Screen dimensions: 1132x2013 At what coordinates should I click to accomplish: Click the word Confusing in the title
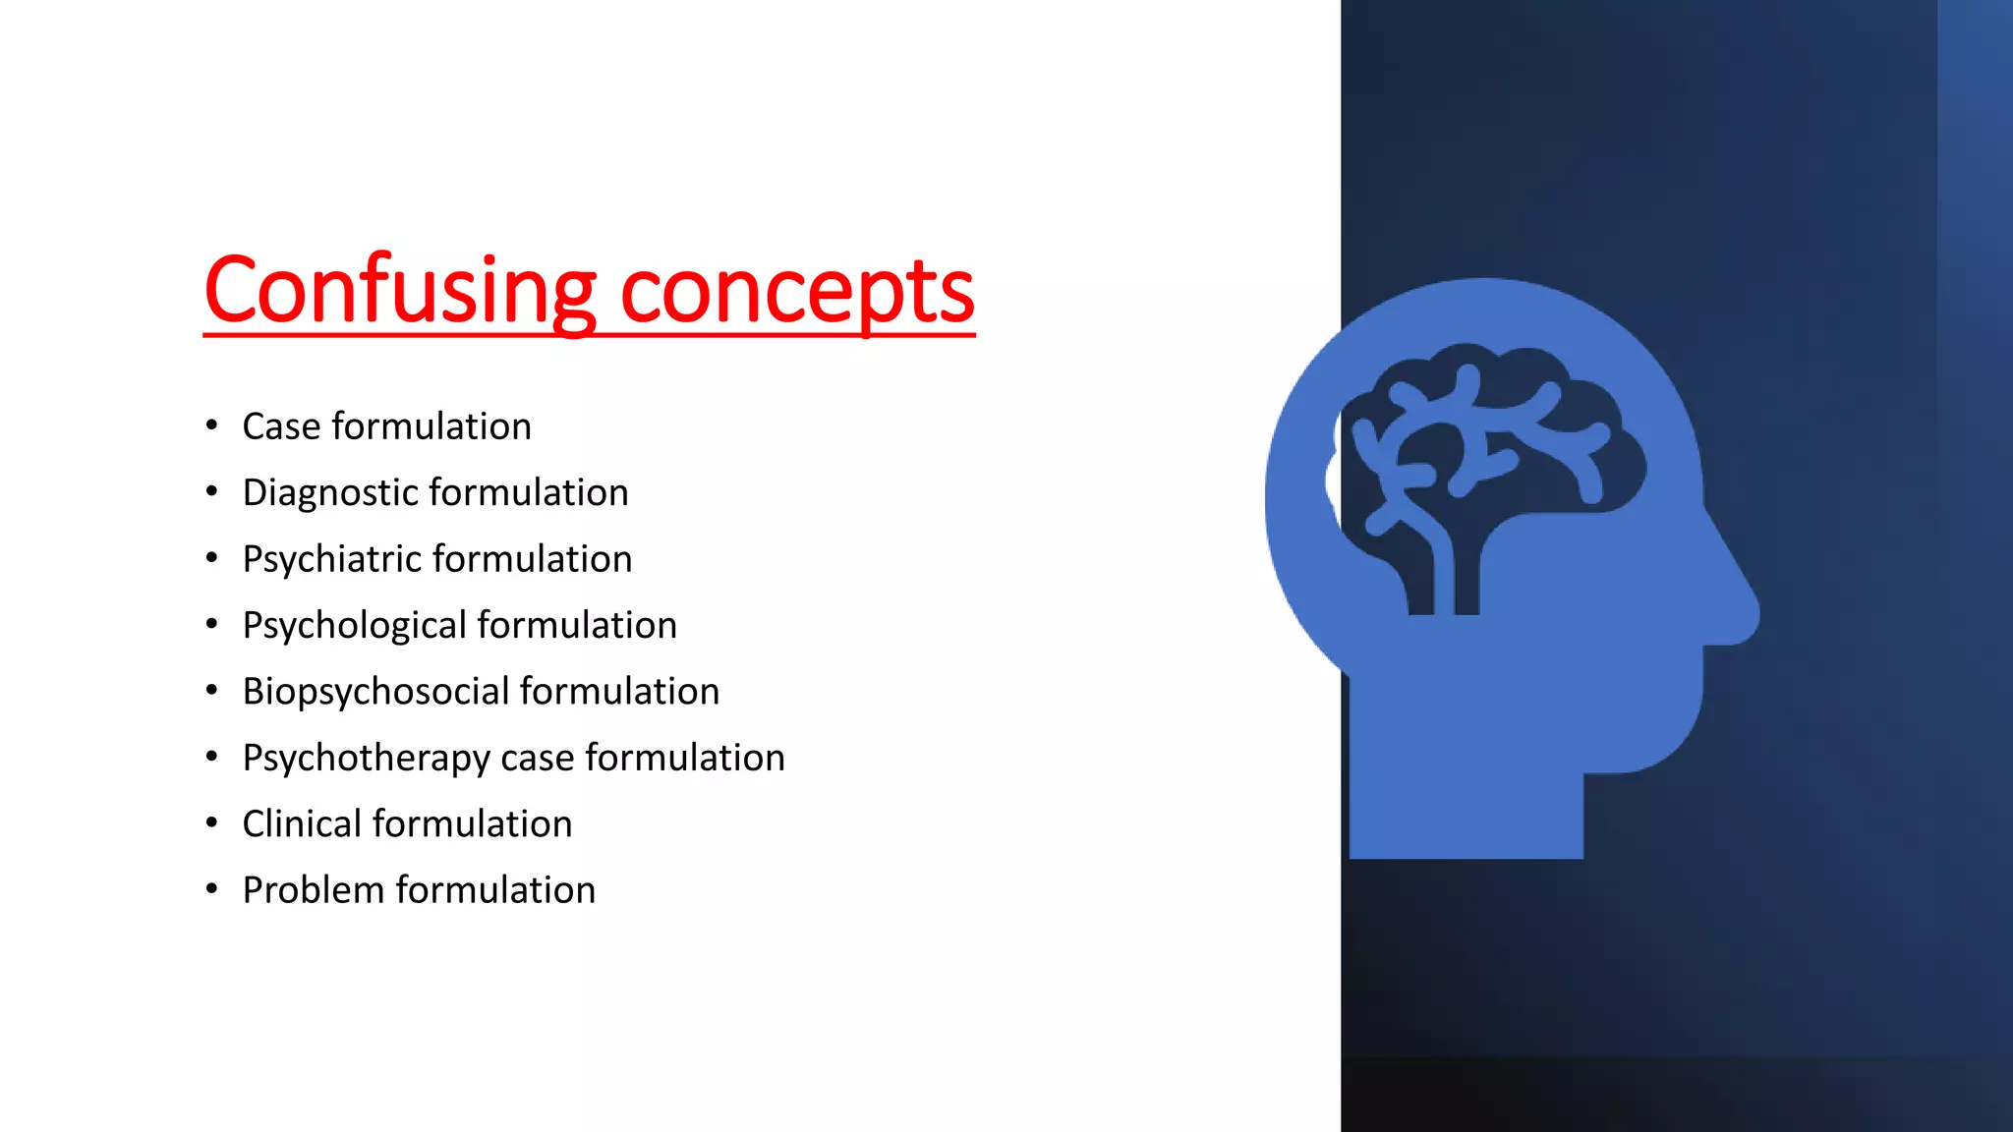(x=399, y=291)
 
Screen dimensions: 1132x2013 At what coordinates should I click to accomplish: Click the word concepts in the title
(x=797, y=291)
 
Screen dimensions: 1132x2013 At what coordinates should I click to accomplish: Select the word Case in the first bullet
(x=281, y=426)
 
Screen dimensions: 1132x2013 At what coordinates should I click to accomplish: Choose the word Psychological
(x=354, y=625)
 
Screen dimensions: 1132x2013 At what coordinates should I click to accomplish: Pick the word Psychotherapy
(x=366, y=759)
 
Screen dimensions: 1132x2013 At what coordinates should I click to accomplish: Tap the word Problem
(x=313, y=890)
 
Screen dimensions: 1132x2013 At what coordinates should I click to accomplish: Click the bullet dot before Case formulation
(x=211, y=424)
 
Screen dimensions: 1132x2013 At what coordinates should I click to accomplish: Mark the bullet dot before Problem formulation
(x=211, y=888)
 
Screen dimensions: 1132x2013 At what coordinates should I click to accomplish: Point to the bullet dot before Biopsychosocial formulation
(x=211, y=690)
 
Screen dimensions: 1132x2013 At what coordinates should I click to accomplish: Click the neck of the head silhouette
(x=1465, y=816)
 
